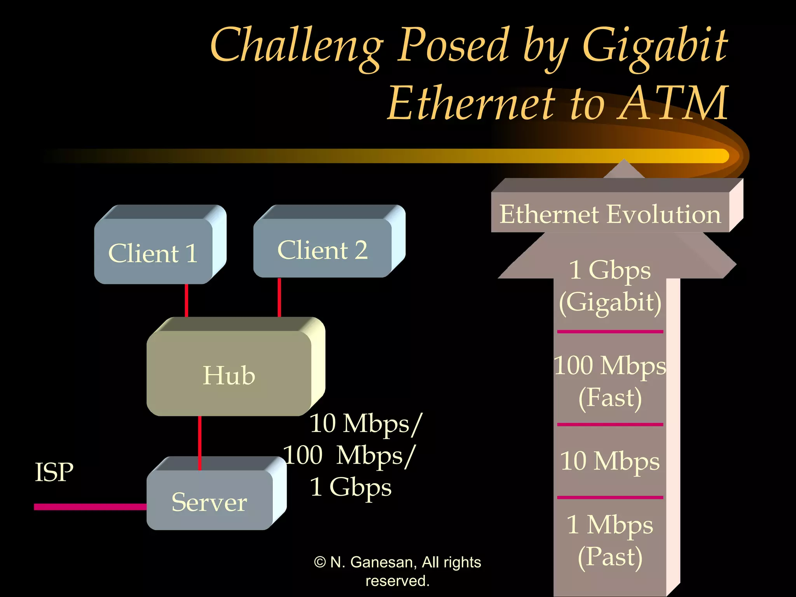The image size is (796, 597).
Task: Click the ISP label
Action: point(54,472)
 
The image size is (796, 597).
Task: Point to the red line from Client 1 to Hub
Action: point(187,300)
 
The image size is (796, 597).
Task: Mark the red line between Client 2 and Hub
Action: point(279,297)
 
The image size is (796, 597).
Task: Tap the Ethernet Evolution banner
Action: point(610,213)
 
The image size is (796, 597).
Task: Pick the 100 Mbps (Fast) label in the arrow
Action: point(610,381)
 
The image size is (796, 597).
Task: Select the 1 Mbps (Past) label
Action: point(610,540)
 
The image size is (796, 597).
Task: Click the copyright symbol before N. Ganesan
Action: point(320,562)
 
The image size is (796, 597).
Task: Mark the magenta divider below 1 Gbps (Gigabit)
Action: point(610,332)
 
